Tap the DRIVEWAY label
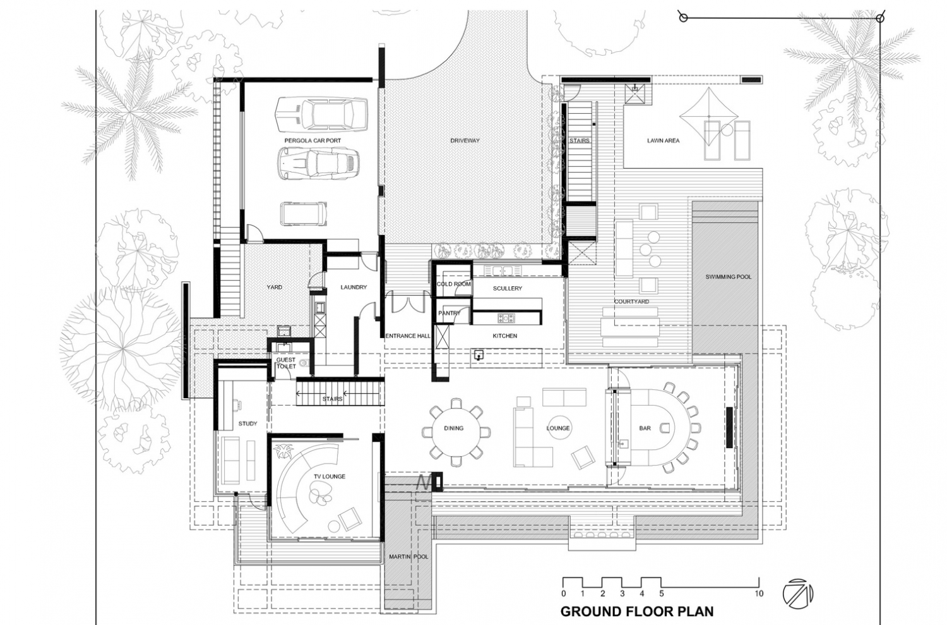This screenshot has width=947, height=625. tap(465, 140)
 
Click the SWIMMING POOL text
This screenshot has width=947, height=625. tap(728, 277)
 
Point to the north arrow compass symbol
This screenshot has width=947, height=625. tap(797, 593)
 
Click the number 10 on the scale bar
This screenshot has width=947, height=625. tap(759, 594)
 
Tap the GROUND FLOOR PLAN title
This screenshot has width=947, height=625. tap(637, 611)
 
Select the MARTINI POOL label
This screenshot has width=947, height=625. tap(408, 557)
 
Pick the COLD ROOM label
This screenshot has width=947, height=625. tap(453, 284)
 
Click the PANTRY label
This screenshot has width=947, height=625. tap(449, 313)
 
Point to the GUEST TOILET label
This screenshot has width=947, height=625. tap(285, 363)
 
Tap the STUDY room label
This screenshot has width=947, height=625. tap(247, 423)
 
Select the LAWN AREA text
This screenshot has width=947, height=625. tap(663, 140)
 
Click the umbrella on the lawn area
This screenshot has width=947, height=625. tap(709, 114)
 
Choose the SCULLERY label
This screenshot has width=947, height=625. tap(507, 288)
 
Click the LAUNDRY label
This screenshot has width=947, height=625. tap(354, 287)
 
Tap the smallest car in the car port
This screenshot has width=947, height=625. tap(305, 214)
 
